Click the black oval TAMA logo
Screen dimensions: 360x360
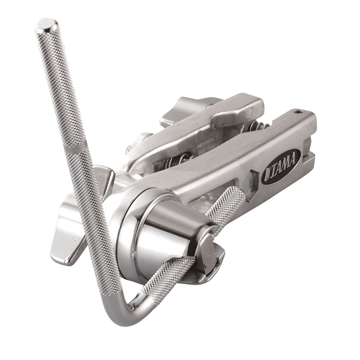[x=281, y=167]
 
